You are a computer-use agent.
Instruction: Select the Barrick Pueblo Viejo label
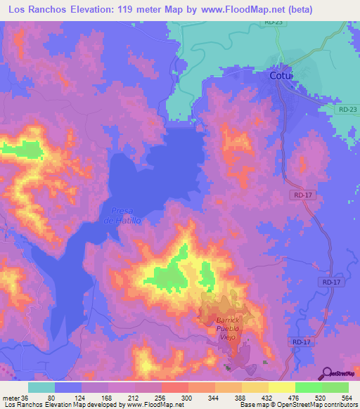(x=229, y=327)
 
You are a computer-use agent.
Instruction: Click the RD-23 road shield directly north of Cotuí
(x=274, y=23)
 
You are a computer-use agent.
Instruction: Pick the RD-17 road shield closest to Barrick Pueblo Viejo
(x=302, y=342)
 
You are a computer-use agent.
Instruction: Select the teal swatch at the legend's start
(x=41, y=387)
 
